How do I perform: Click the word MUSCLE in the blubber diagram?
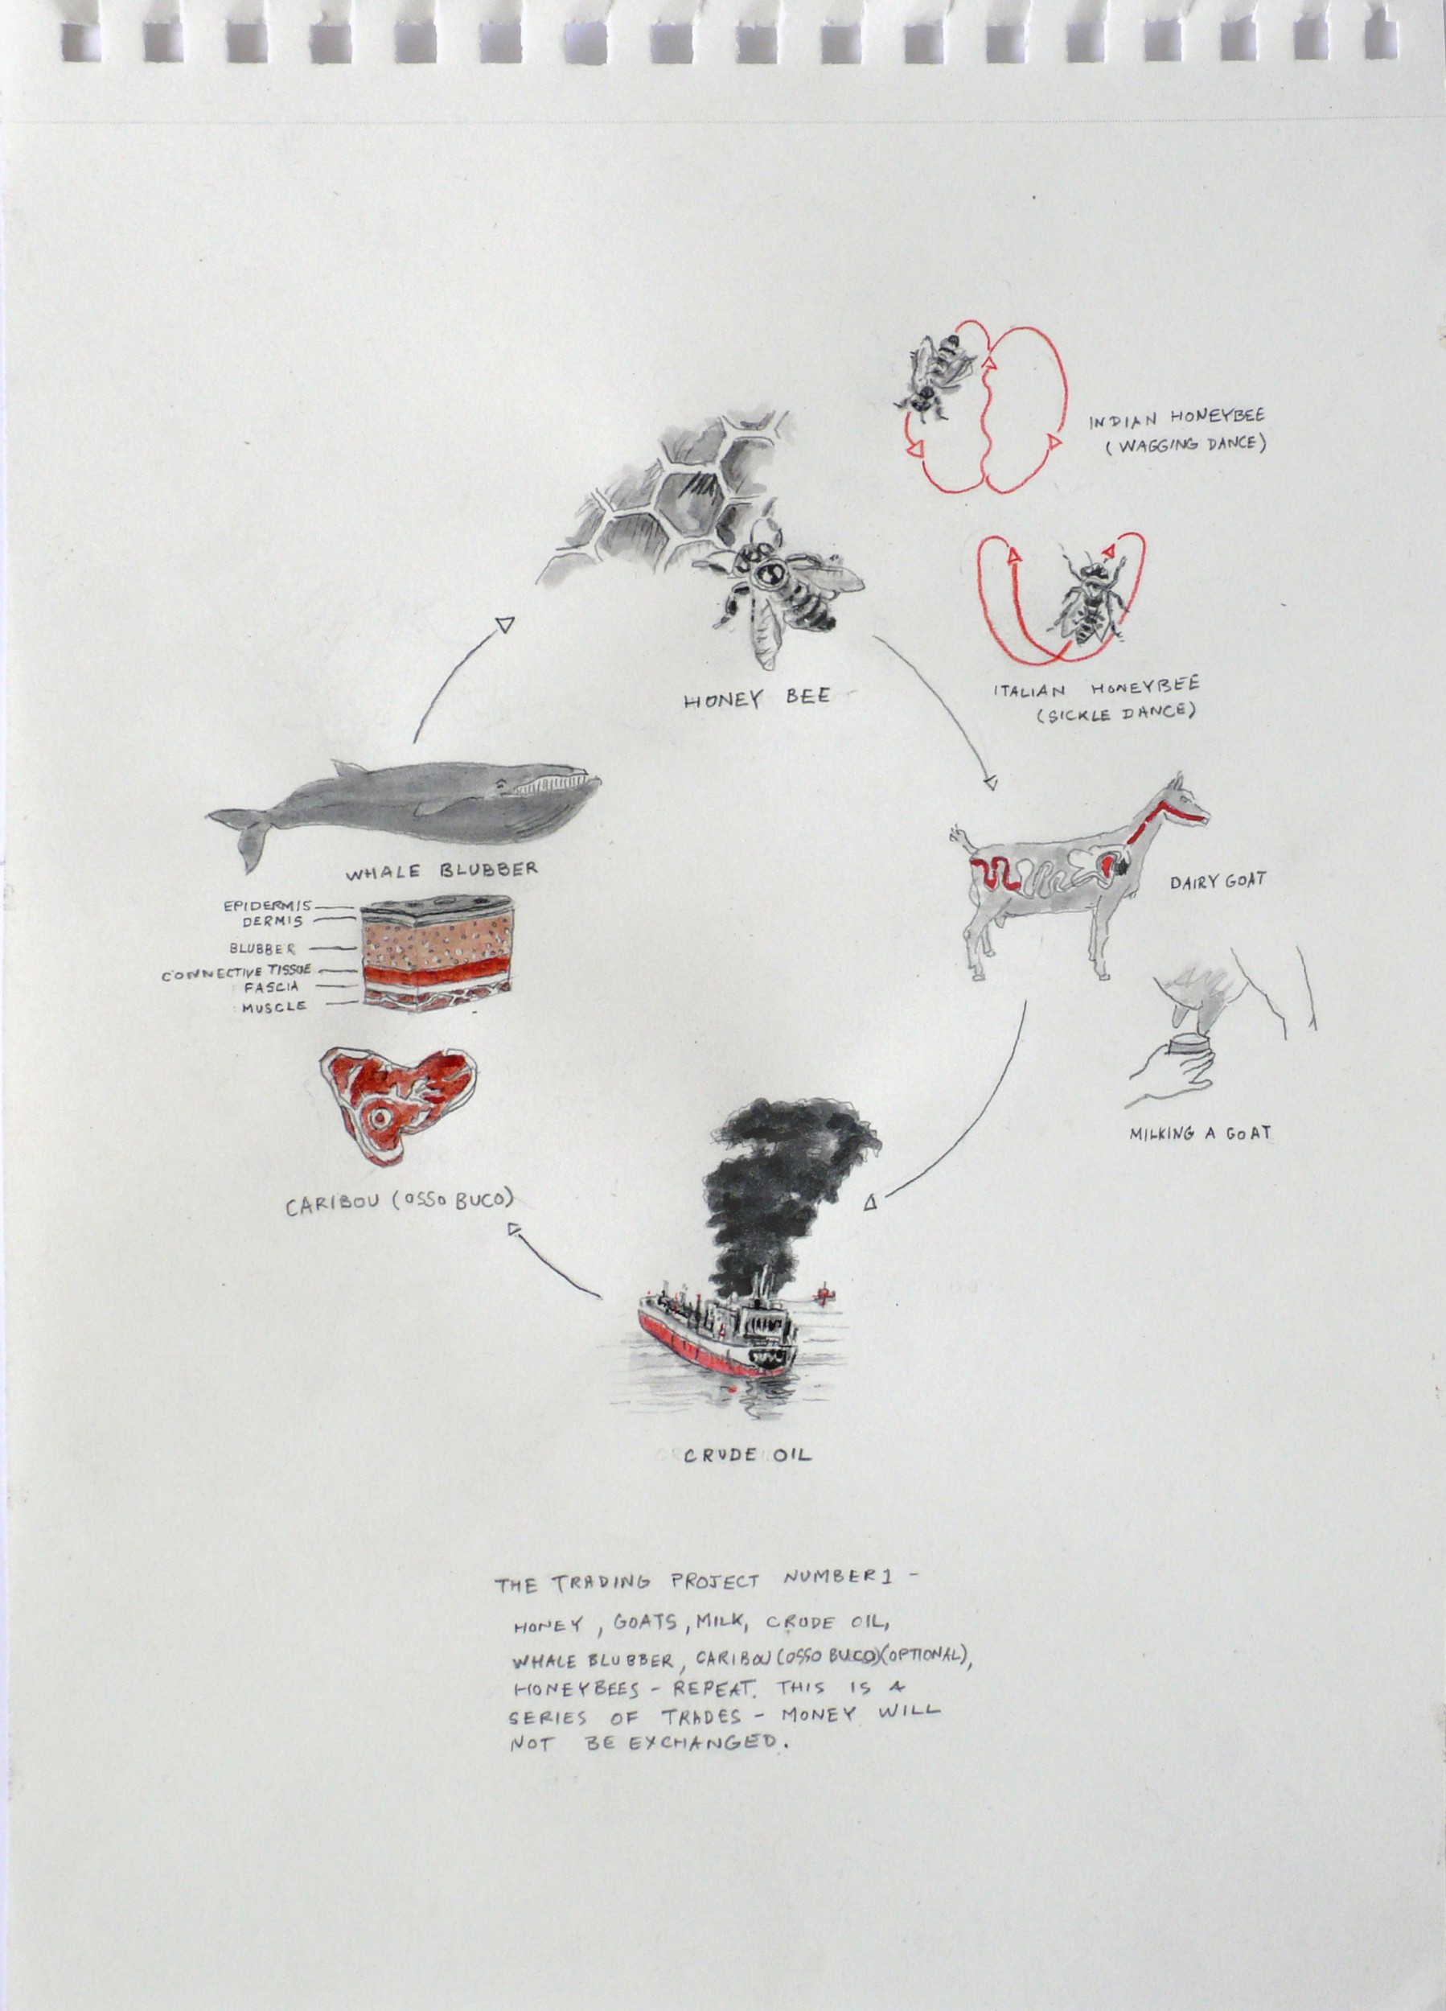[275, 1006]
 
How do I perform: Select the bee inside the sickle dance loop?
[1083, 596]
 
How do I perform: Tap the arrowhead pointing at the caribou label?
[514, 1228]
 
